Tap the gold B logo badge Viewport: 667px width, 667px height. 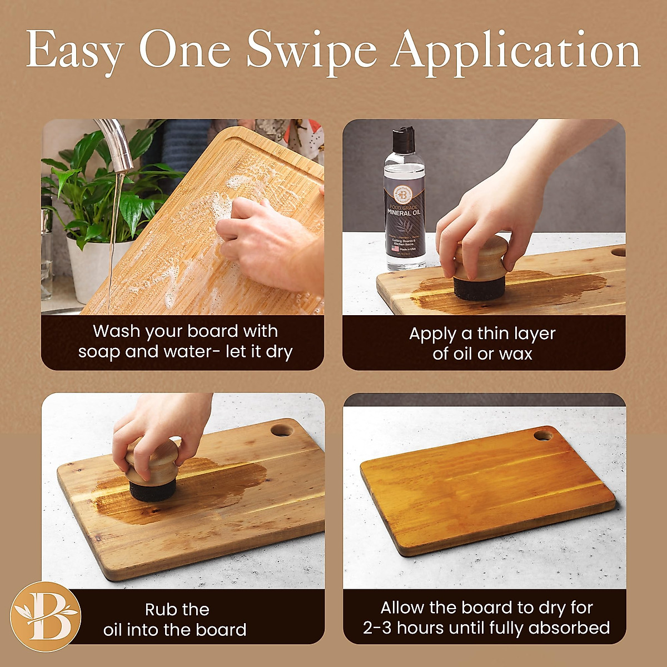[x=46, y=616]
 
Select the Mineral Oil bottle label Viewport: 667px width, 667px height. [x=404, y=217]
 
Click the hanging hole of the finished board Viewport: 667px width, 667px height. [x=544, y=435]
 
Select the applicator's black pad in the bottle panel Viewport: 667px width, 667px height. [x=479, y=288]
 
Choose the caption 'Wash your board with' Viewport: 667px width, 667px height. [x=185, y=331]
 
